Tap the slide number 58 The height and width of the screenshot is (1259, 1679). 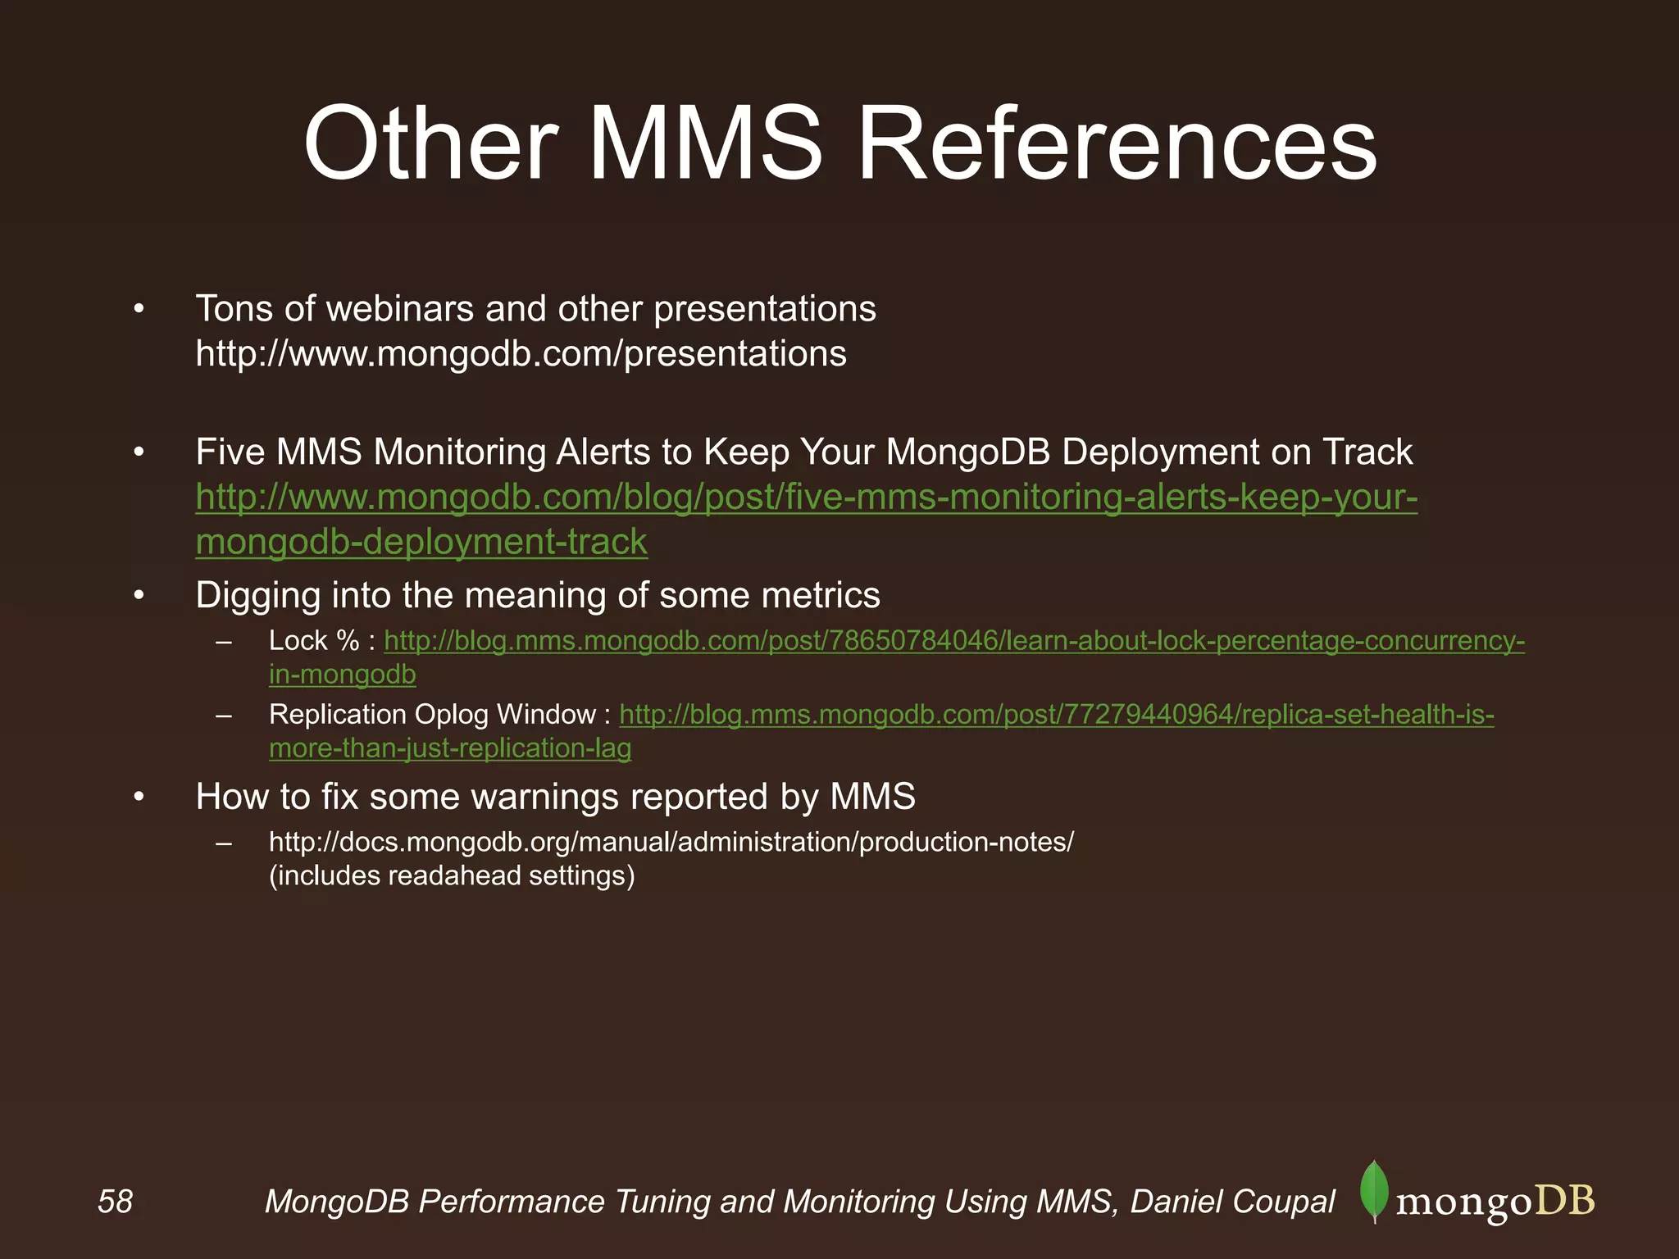coord(115,1202)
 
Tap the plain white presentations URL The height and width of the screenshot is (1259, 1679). coord(521,353)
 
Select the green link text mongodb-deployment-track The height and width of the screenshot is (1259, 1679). coord(421,542)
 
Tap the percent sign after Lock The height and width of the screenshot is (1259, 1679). coord(348,641)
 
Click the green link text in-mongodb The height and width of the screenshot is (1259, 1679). coord(343,675)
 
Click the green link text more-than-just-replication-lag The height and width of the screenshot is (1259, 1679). coord(450,748)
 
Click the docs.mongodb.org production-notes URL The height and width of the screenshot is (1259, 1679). coord(671,842)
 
